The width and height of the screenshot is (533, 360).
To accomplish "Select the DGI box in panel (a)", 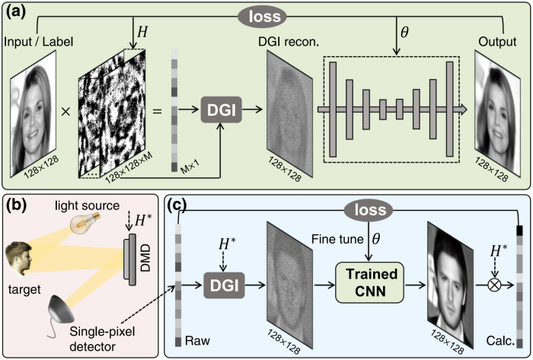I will [220, 112].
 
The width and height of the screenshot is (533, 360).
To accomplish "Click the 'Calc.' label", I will [500, 340].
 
